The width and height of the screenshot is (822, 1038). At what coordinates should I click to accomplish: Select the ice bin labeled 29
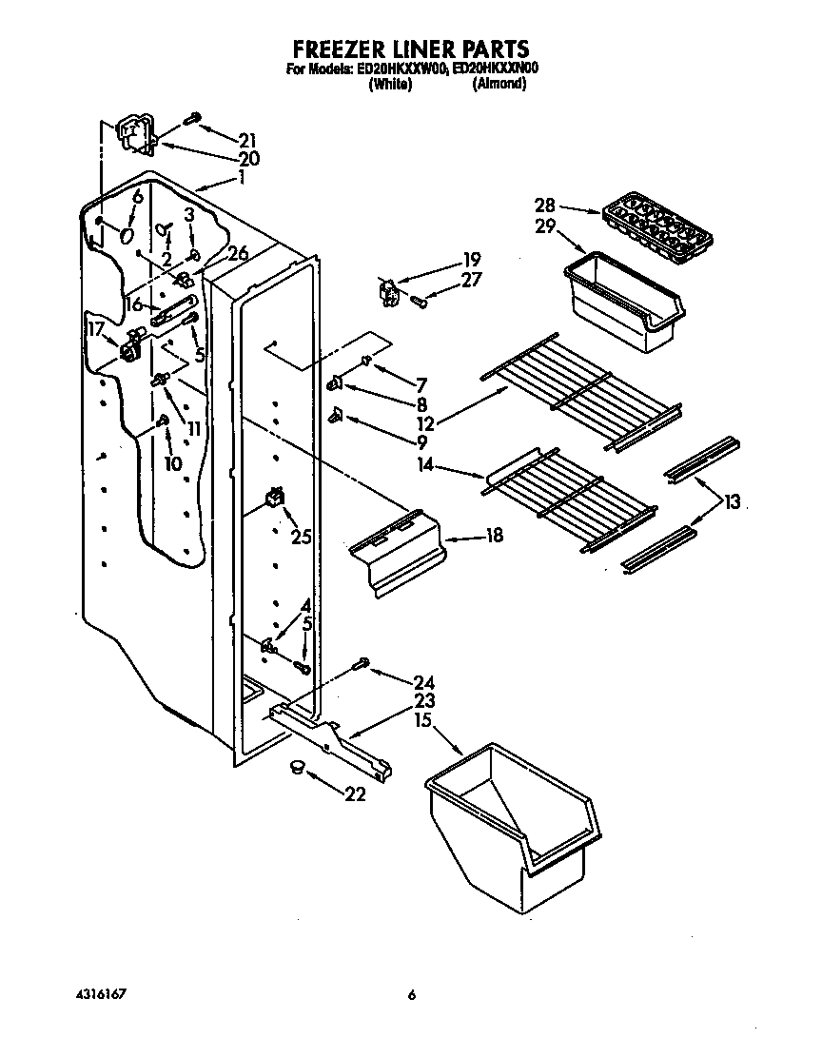(x=622, y=301)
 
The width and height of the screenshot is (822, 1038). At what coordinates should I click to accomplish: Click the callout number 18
(x=494, y=537)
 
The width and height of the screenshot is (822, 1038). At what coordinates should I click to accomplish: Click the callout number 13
(x=732, y=503)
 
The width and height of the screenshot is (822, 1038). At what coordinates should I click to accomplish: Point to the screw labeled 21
(x=192, y=118)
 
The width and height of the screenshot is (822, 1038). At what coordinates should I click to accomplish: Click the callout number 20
(x=248, y=159)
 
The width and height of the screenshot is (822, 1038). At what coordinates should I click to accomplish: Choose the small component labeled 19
(x=388, y=292)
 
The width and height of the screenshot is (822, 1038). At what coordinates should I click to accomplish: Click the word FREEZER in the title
(x=333, y=49)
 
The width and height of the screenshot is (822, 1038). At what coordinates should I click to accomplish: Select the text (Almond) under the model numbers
(x=499, y=84)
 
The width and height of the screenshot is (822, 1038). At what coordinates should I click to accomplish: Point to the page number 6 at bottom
(x=411, y=995)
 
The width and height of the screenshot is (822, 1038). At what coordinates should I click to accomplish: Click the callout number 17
(x=96, y=329)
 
